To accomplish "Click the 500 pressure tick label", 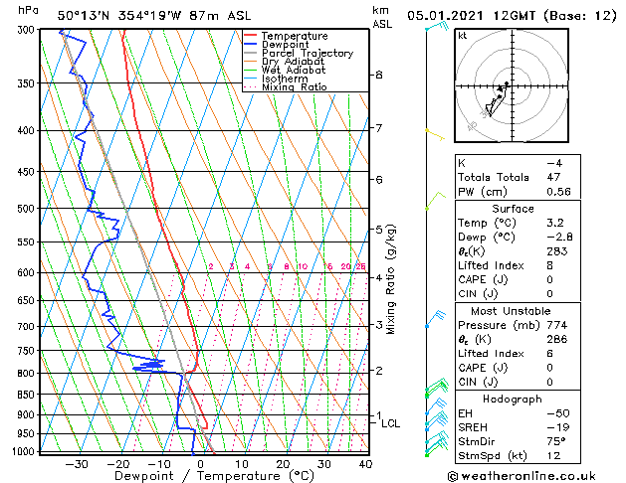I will (26, 209).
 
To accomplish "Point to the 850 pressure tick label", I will (26, 395).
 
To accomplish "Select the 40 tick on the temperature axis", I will (365, 463).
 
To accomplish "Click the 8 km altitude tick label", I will (379, 76).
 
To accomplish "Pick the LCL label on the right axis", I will (391, 423).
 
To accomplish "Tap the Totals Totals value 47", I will (554, 176).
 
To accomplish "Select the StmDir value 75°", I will (556, 441).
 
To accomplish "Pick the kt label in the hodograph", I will (463, 36).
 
